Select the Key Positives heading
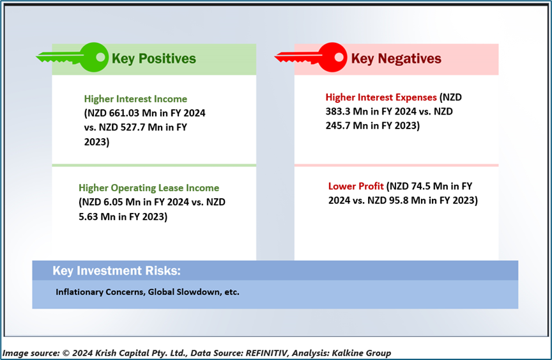pos(154,58)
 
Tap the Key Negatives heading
pos(396,58)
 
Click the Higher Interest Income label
pos(135,99)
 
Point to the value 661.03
pos(126,113)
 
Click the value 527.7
pos(132,127)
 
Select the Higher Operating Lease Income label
pos(149,188)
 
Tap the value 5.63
pos(88,217)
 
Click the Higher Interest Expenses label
pos(381,97)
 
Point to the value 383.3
pos(337,111)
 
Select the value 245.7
pos(337,126)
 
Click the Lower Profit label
pos(356,186)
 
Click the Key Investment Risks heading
pos(116,270)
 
